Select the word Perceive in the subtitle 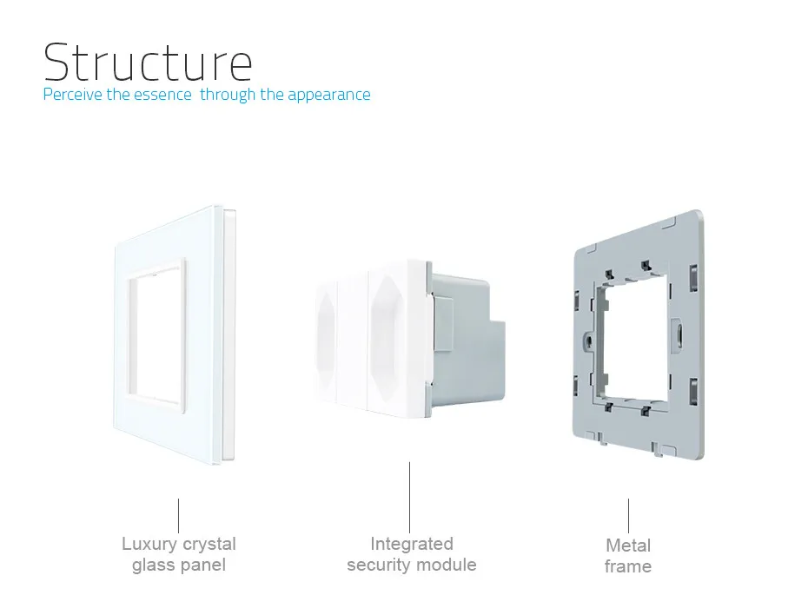coord(73,95)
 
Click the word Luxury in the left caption coord(149,545)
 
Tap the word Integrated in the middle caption coord(412,544)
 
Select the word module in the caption coord(446,565)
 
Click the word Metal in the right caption coord(628,546)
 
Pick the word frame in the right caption coord(628,567)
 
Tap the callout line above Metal coord(629,515)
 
